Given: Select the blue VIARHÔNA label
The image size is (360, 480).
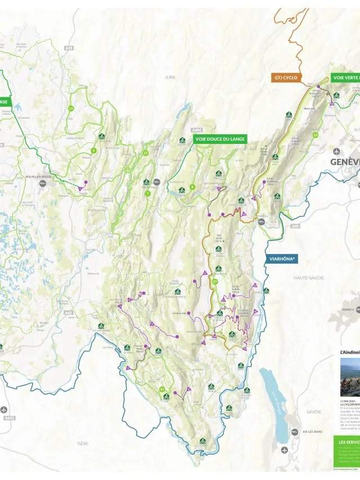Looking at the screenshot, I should tap(282, 259).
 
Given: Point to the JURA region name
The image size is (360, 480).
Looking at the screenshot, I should tap(170, 77).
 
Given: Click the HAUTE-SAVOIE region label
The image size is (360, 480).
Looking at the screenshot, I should tap(309, 278).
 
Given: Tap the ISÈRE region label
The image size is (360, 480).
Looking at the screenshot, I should tap(83, 443).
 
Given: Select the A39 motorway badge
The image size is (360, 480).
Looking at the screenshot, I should tap(69, 48).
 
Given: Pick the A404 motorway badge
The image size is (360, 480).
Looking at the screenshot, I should tap(196, 129).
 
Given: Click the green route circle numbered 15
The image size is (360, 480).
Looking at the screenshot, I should tap(71, 108).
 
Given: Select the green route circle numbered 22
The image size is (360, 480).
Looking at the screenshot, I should tap(145, 152).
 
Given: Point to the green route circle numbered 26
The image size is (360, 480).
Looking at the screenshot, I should tap(162, 389).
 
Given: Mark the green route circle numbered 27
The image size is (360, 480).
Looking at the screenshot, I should tap(215, 281).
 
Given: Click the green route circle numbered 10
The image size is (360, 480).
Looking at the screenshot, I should tap(315, 135).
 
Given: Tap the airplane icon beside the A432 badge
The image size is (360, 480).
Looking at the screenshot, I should tap(4, 409).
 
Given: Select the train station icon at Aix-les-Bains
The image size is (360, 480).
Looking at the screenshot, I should tap(295, 432).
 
